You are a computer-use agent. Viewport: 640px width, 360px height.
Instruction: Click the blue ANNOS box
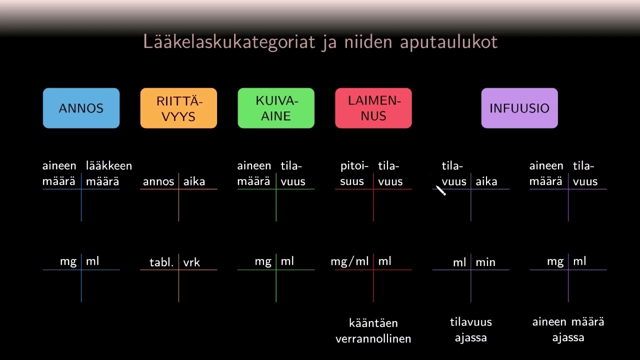pyautogui.click(x=81, y=108)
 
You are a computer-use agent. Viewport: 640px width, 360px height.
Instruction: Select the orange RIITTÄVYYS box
pyautogui.click(x=178, y=108)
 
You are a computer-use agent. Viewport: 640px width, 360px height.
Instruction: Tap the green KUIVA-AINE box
pyautogui.click(x=276, y=108)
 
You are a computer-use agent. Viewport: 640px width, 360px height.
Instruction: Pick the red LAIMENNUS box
pyautogui.click(x=373, y=108)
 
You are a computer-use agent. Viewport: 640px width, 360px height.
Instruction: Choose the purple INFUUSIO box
pyautogui.click(x=519, y=108)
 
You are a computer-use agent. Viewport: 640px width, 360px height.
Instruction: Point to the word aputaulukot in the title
pyautogui.click(x=448, y=42)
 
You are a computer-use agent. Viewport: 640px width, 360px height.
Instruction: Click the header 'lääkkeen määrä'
pyautogui.click(x=108, y=173)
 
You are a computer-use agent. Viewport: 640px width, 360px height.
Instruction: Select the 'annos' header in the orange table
pyautogui.click(x=158, y=181)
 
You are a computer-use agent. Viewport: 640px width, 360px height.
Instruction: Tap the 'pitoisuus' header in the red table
pyautogui.click(x=354, y=173)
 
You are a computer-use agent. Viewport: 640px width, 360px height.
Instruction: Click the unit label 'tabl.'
pyautogui.click(x=161, y=262)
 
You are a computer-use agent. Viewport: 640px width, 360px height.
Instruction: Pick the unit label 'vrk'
pyautogui.click(x=191, y=262)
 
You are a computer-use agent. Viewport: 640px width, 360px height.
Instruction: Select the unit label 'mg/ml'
pyautogui.click(x=349, y=261)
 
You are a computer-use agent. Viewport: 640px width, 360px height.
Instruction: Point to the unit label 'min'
pyautogui.click(x=485, y=262)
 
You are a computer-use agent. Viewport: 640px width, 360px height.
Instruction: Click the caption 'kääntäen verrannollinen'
pyautogui.click(x=373, y=330)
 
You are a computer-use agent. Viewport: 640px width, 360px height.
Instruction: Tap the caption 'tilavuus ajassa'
pyautogui.click(x=470, y=329)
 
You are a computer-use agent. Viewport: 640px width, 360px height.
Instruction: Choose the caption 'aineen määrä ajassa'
pyautogui.click(x=568, y=329)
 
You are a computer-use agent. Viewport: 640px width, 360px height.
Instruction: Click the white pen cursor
pyautogui.click(x=440, y=190)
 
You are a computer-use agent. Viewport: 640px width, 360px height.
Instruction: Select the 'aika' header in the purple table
pyautogui.click(x=486, y=181)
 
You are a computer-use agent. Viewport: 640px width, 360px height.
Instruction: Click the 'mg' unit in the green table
pyautogui.click(x=263, y=261)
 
